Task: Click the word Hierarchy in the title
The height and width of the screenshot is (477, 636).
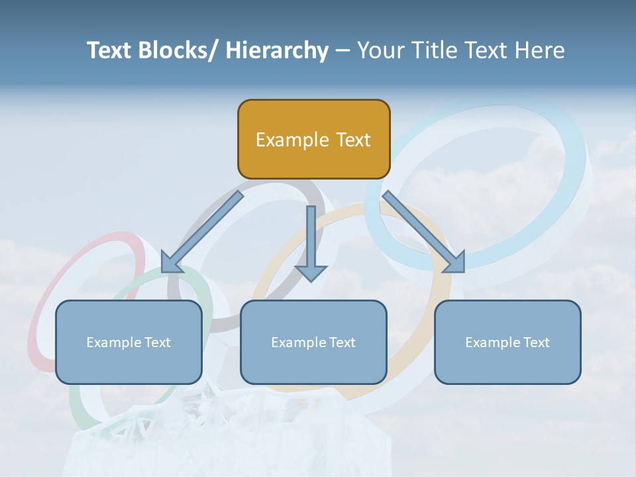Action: click(277, 50)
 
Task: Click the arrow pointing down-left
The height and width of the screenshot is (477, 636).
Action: click(201, 233)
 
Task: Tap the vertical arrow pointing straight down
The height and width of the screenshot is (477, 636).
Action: click(311, 242)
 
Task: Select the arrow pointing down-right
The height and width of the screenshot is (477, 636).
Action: click(424, 232)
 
